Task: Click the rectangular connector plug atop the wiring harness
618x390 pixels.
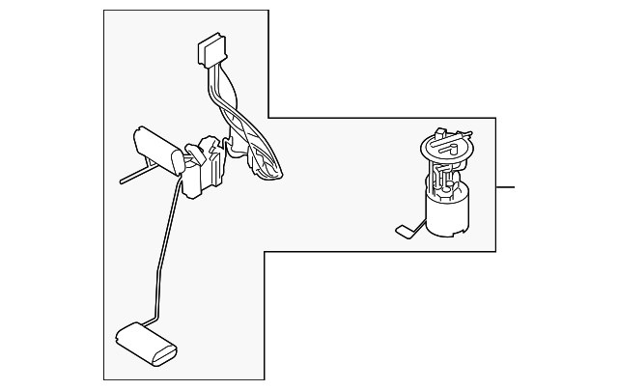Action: (x=211, y=50)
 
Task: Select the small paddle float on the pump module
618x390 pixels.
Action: (x=403, y=231)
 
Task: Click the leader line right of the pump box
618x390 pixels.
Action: (x=506, y=186)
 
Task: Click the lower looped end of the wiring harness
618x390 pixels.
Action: (x=266, y=168)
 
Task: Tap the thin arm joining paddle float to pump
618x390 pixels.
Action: (x=417, y=223)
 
